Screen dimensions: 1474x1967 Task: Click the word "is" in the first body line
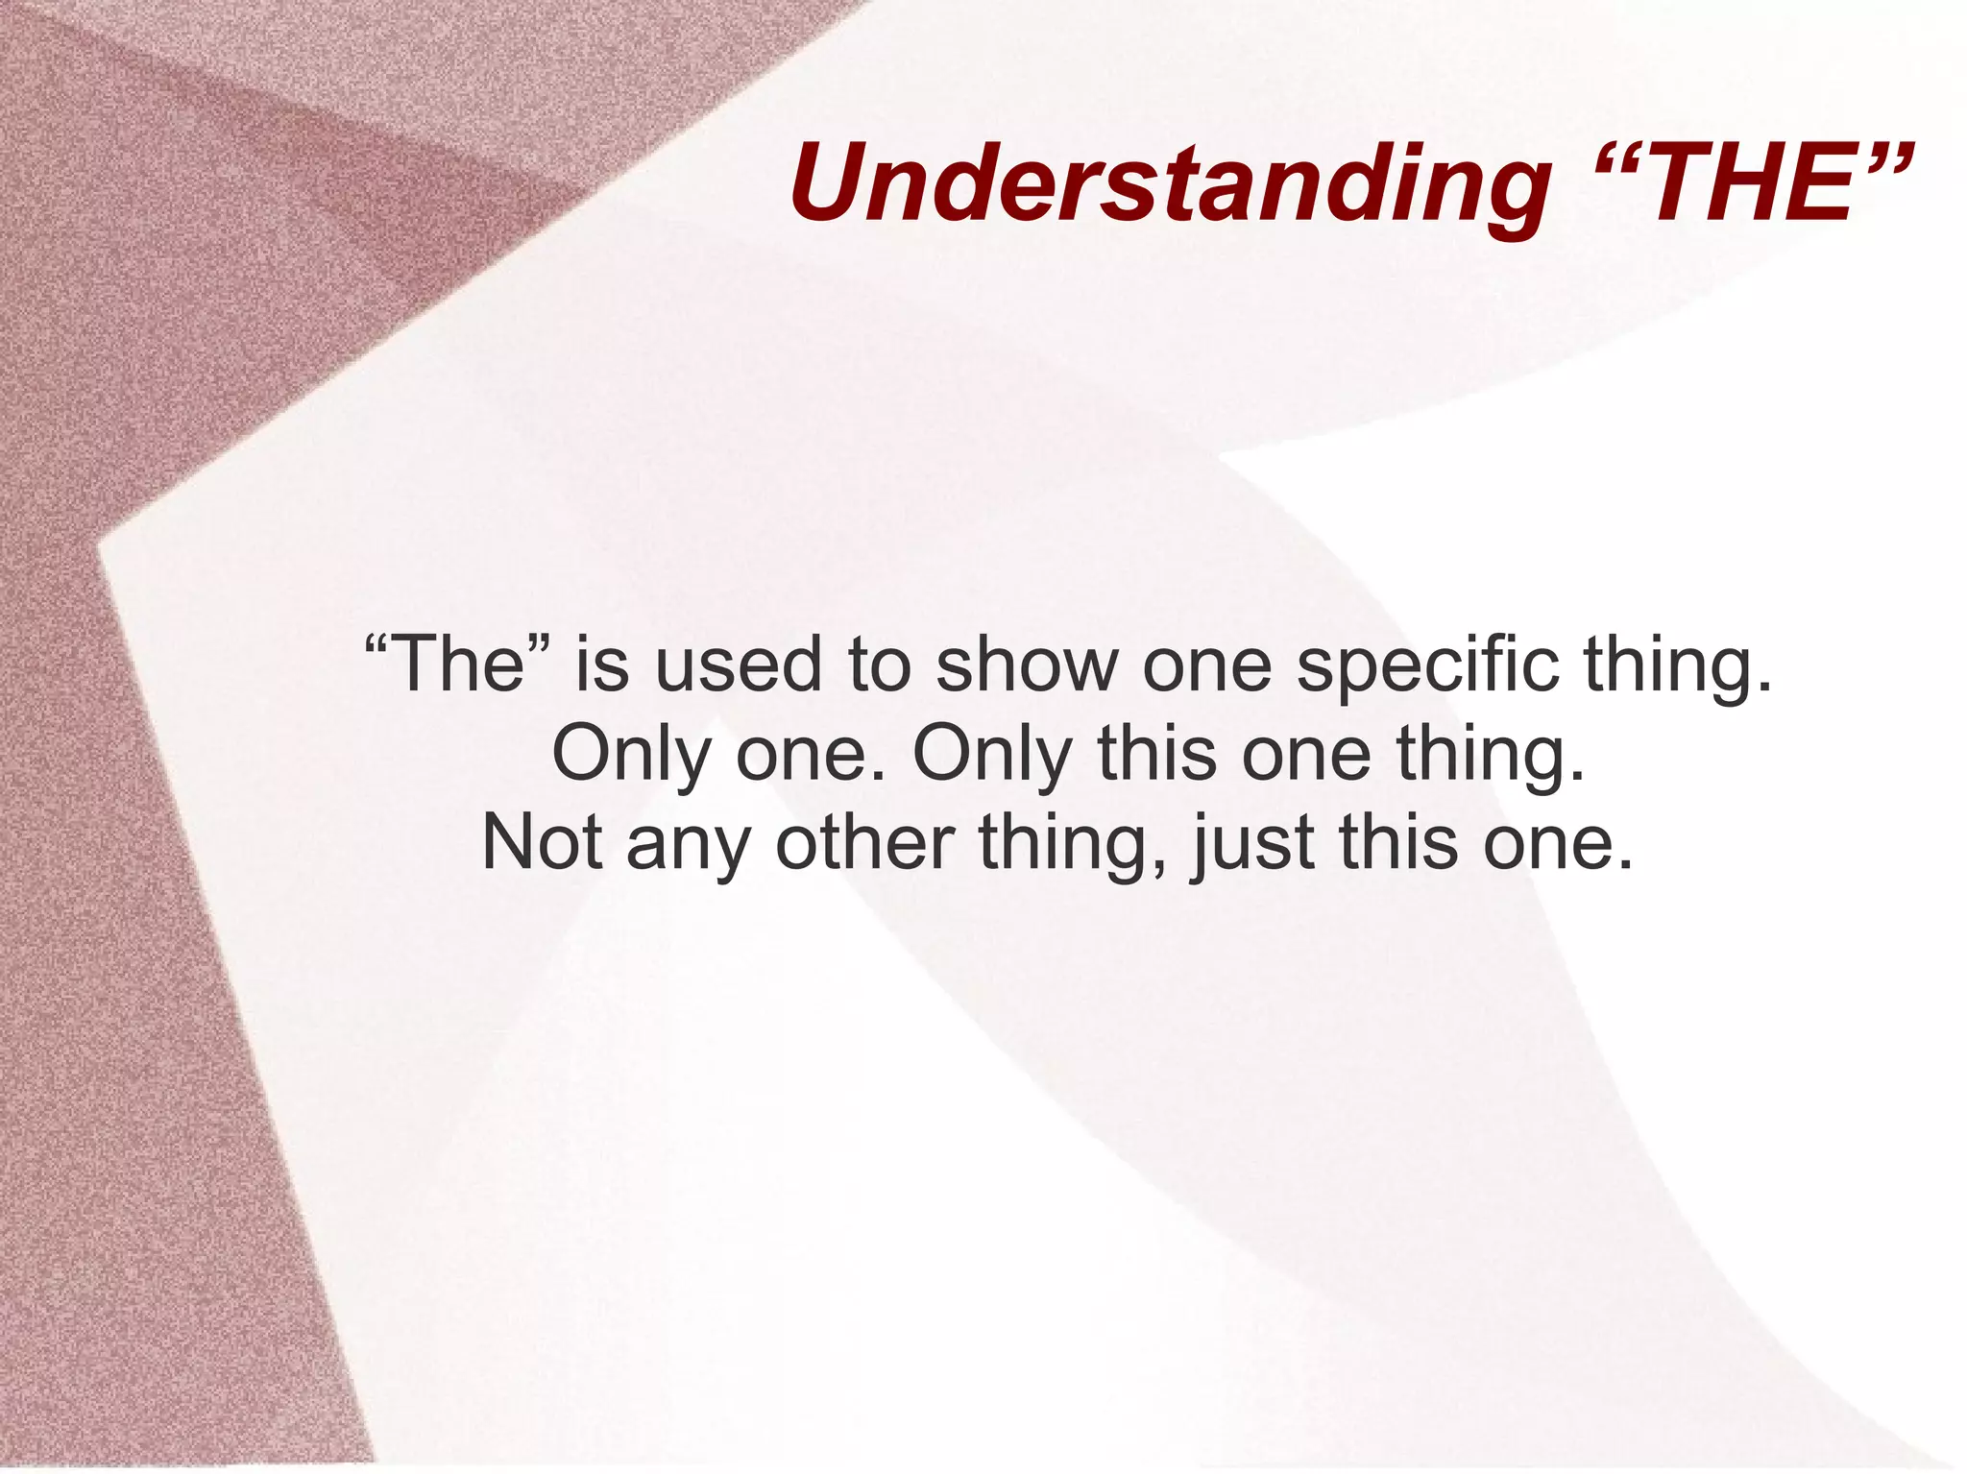(601, 665)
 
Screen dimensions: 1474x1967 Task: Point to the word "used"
(739, 665)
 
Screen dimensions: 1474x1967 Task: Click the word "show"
(1027, 665)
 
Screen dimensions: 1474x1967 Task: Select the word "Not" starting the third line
(543, 842)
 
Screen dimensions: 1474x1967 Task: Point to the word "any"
(689, 842)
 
